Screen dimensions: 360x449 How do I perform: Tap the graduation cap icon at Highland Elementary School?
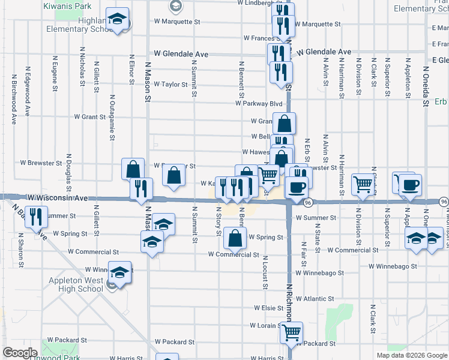pos(118,20)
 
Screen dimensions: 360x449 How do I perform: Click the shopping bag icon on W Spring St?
pos(235,239)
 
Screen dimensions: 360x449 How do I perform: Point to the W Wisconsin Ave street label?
pos(58,197)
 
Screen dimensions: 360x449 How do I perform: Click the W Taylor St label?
pos(170,85)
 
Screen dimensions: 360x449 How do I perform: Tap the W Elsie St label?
pos(267,308)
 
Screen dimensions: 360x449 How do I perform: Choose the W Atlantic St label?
pos(315,299)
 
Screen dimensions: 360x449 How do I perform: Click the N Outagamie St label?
pos(112,116)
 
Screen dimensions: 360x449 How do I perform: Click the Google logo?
pos(20,353)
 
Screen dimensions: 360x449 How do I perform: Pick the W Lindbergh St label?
pos(256,3)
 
